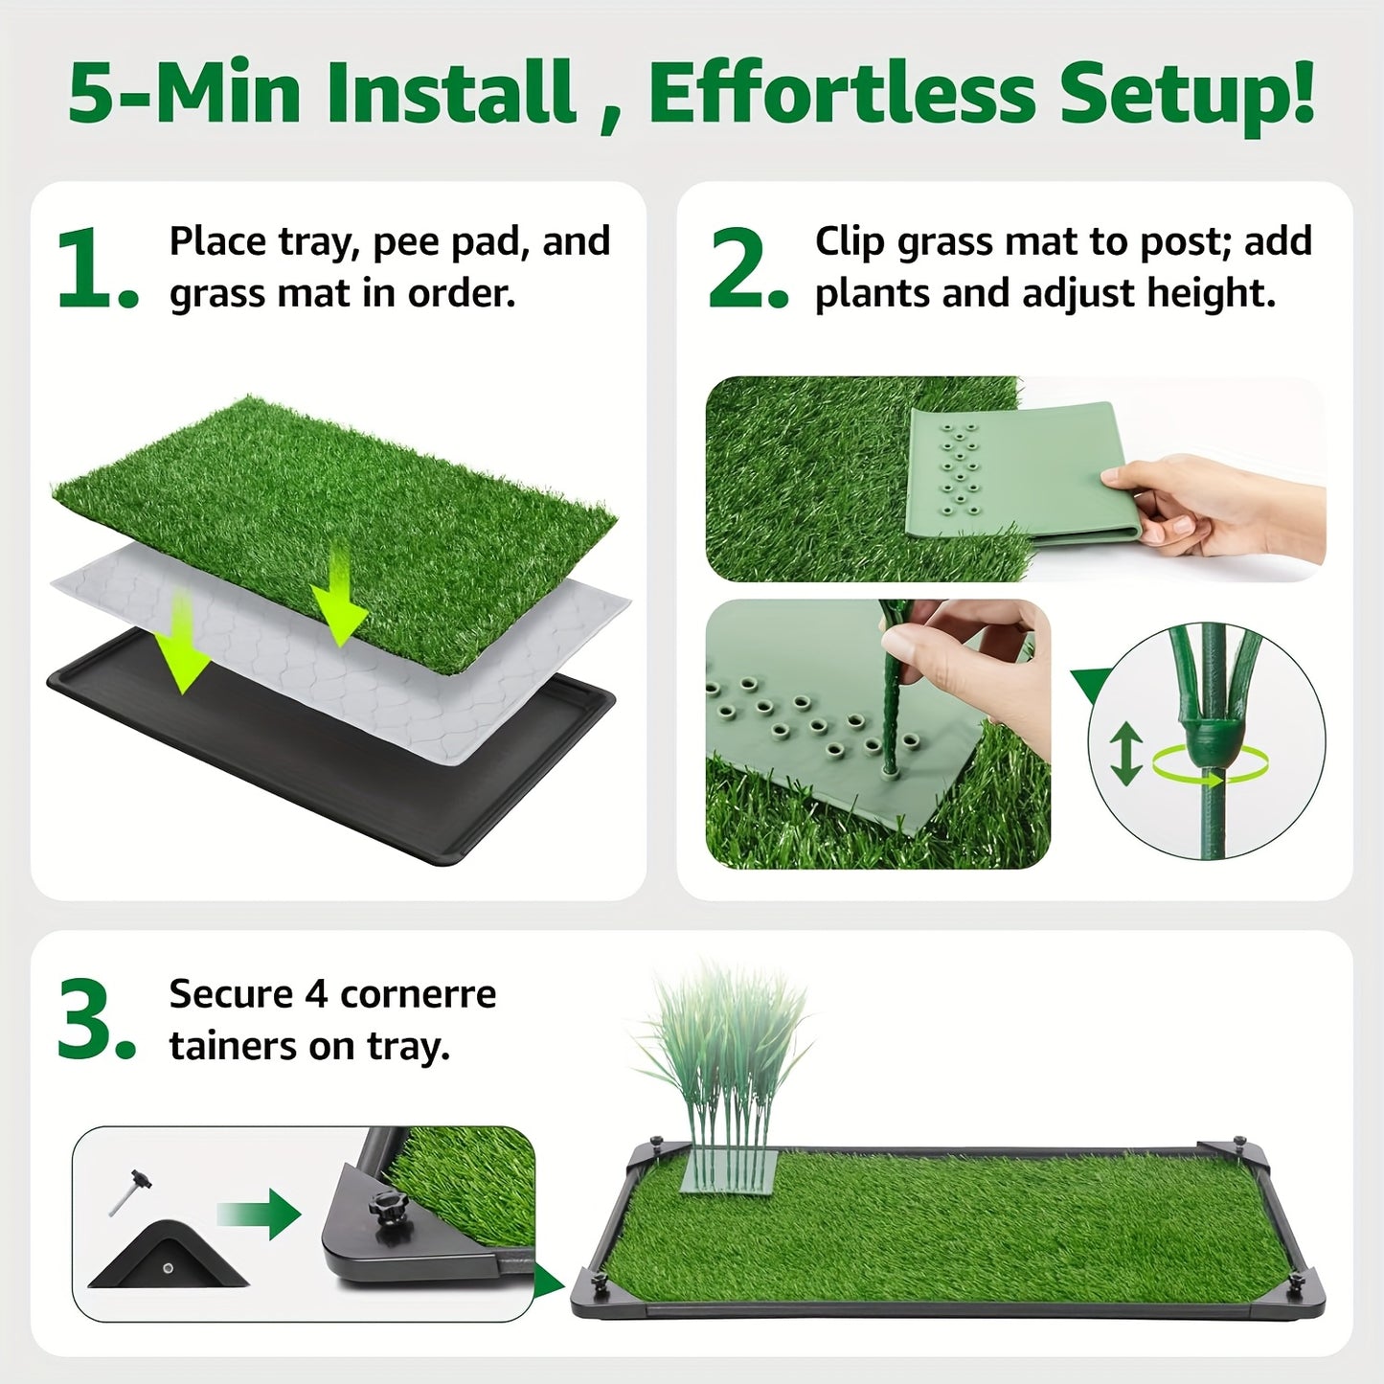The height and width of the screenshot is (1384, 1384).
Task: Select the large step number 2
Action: click(748, 268)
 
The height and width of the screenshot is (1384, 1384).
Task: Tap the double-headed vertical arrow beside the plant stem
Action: click(1125, 754)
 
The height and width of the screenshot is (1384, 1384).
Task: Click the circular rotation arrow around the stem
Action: click(1210, 766)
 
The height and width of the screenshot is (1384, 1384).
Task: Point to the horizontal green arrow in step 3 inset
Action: click(259, 1214)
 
